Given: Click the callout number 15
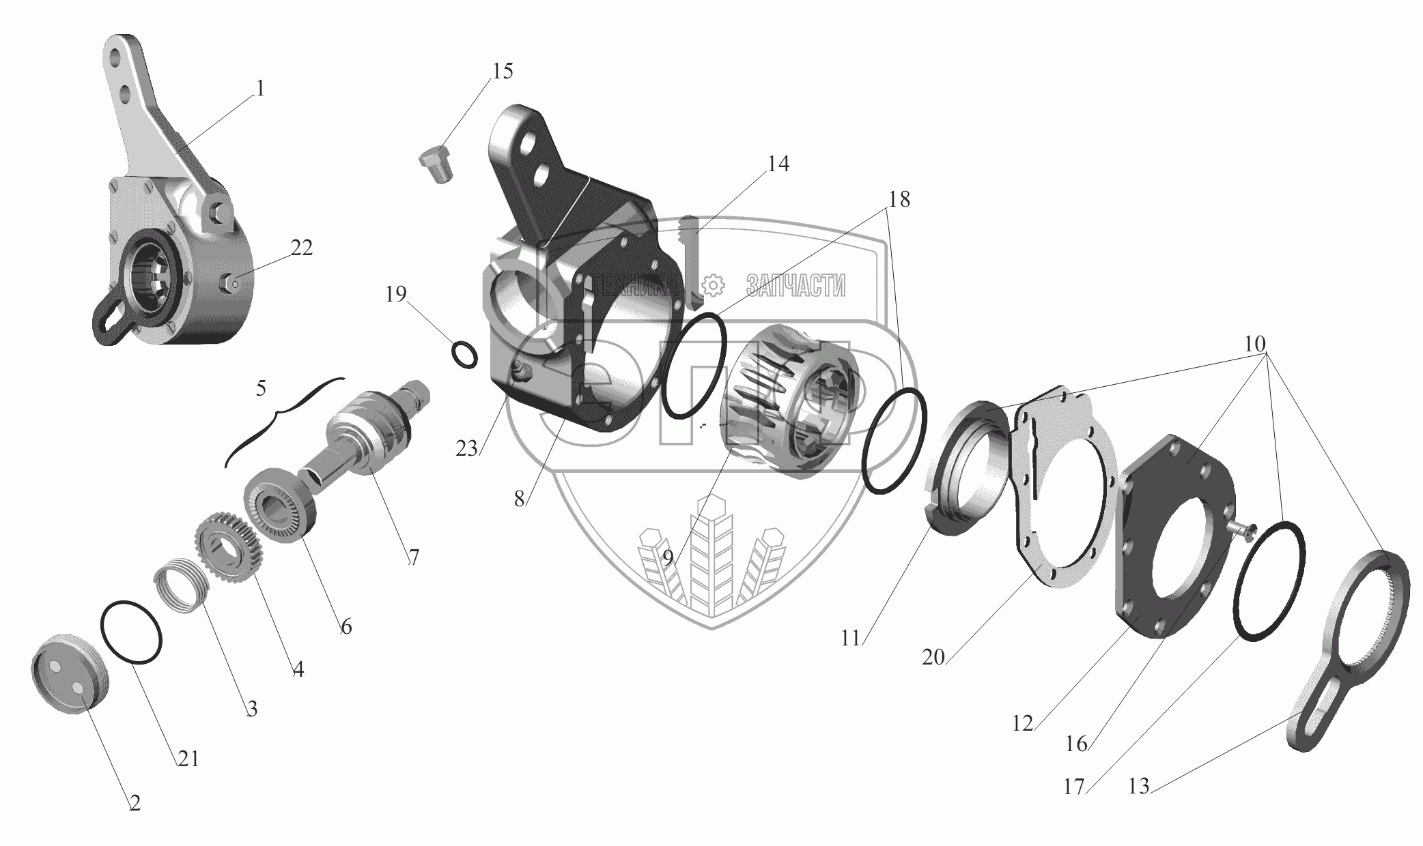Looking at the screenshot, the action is coord(503,71).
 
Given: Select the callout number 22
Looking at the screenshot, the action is coord(301,248).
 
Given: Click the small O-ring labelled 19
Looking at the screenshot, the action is coord(464,355).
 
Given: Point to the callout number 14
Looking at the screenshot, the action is coord(778,164).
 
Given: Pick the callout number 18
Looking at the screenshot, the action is coord(899,199).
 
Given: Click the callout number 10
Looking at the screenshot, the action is coord(1255,343).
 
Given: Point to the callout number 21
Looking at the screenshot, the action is coord(188,759).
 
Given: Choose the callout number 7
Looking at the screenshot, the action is coord(414,557).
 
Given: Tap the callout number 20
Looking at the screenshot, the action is coord(933,657).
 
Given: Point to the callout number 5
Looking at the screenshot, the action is coord(261,389).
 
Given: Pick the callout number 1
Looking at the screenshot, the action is coord(259,89).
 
